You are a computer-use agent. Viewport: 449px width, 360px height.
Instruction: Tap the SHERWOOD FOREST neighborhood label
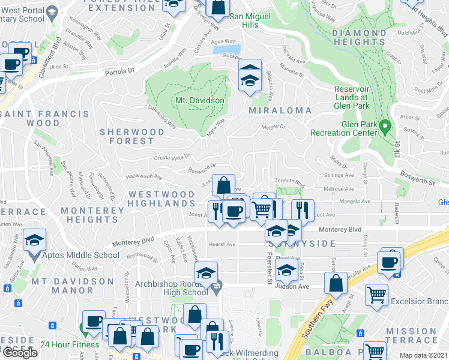pos(131,136)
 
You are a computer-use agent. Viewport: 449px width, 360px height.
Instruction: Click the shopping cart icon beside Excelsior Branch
pos(376,295)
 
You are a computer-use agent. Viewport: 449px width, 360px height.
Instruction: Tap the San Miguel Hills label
pos(244,20)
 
